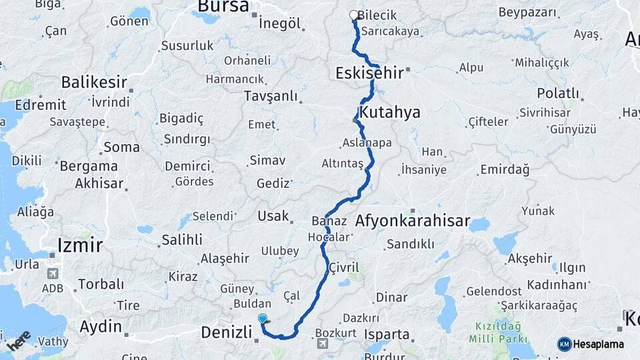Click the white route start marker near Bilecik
pos(353,15)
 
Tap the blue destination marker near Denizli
pos(263,319)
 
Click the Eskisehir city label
pos(369,73)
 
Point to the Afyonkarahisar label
pos(413,221)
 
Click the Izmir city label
pos(80,245)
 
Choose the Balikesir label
pos(94,82)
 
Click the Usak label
pos(274,216)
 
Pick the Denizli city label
pos(227,332)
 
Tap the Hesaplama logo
pos(591,344)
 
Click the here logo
pos(19,341)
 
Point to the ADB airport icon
pos(53,273)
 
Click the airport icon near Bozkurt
pos(323,344)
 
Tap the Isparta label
pos(387,334)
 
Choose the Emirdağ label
pos(504,170)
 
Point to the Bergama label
pos(89,166)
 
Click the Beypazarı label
pos(527,13)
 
